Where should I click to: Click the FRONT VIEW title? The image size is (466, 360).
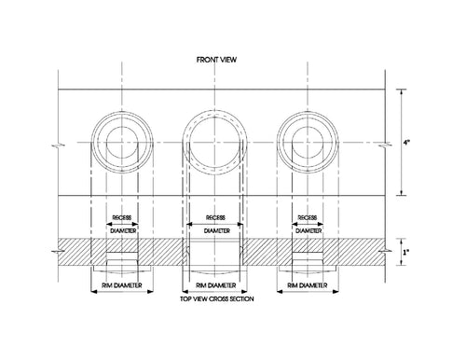coord(216,60)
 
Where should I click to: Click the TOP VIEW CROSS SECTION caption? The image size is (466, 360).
coord(217,299)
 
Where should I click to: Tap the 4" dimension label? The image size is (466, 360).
coord(406,143)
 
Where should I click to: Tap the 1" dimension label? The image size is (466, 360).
coord(406,252)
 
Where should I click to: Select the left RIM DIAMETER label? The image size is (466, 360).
coord(122,285)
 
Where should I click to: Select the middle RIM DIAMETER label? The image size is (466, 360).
coord(215,285)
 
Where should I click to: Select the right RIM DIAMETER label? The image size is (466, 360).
coord(308,285)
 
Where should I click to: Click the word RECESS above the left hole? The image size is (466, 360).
coord(122,217)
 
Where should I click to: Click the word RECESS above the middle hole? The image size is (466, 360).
coord(215,217)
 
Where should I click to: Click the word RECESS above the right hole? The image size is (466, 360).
coord(308,217)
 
